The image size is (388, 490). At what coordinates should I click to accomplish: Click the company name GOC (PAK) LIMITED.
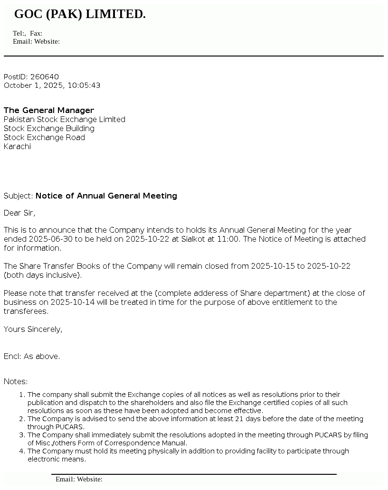pyautogui.click(x=80, y=14)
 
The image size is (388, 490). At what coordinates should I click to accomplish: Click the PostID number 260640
pyautogui.click(x=45, y=77)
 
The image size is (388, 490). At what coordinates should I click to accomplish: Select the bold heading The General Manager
pyautogui.click(x=49, y=110)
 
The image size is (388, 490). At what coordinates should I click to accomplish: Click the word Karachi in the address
pyautogui.click(x=17, y=146)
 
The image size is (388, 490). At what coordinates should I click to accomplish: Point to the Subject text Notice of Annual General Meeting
pyautogui.click(x=106, y=196)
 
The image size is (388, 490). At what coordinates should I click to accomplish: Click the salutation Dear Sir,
pyautogui.click(x=19, y=213)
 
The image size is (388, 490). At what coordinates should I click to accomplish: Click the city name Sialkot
pyautogui.click(x=193, y=239)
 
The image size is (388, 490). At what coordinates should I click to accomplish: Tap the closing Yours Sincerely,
pyautogui.click(x=33, y=329)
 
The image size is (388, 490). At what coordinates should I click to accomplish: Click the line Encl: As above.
pyautogui.click(x=32, y=356)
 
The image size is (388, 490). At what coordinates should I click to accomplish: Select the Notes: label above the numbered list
pyautogui.click(x=16, y=381)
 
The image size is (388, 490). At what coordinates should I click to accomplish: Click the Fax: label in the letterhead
pyautogui.click(x=36, y=33)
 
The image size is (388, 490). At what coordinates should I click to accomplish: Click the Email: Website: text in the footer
pyautogui.click(x=79, y=479)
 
